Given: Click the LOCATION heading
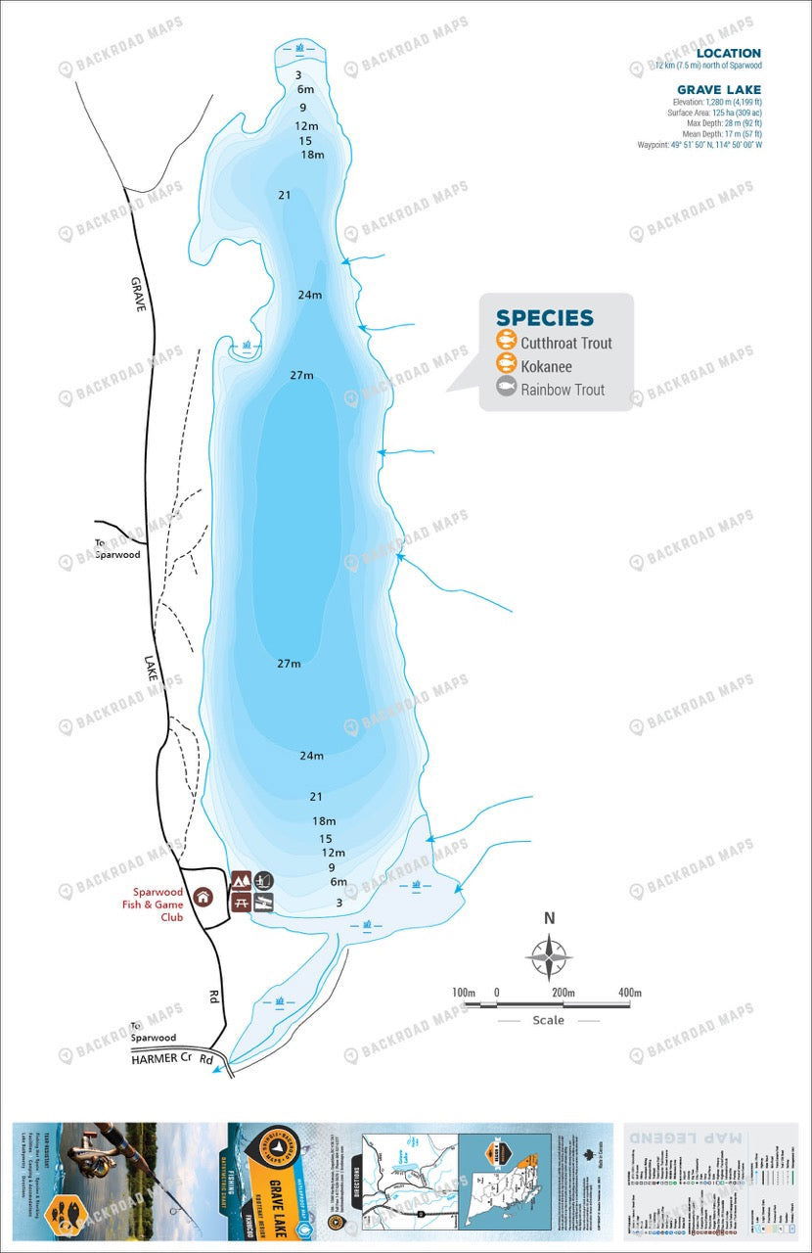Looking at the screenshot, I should tap(729, 54).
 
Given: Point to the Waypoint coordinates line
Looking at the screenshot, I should tap(699, 145).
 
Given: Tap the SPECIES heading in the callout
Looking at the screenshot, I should tap(544, 318).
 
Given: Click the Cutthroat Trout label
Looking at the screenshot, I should tap(566, 344).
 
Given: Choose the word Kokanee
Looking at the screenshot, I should tap(546, 367).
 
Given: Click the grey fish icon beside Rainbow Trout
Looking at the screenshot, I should tap(506, 389).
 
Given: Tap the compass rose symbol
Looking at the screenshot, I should tap(550, 956).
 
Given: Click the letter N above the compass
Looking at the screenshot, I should tap(550, 918).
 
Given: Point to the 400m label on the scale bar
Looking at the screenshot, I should tap(630, 993).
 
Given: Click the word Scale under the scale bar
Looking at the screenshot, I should tap(548, 1020).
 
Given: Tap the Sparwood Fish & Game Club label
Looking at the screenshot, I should tap(159, 905).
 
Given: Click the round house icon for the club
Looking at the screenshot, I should tap(203, 896).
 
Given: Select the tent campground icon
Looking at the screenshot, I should tap(242, 880).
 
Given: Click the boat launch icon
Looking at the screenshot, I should tap(263, 902).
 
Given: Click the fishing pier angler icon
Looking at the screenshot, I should tap(263, 880).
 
